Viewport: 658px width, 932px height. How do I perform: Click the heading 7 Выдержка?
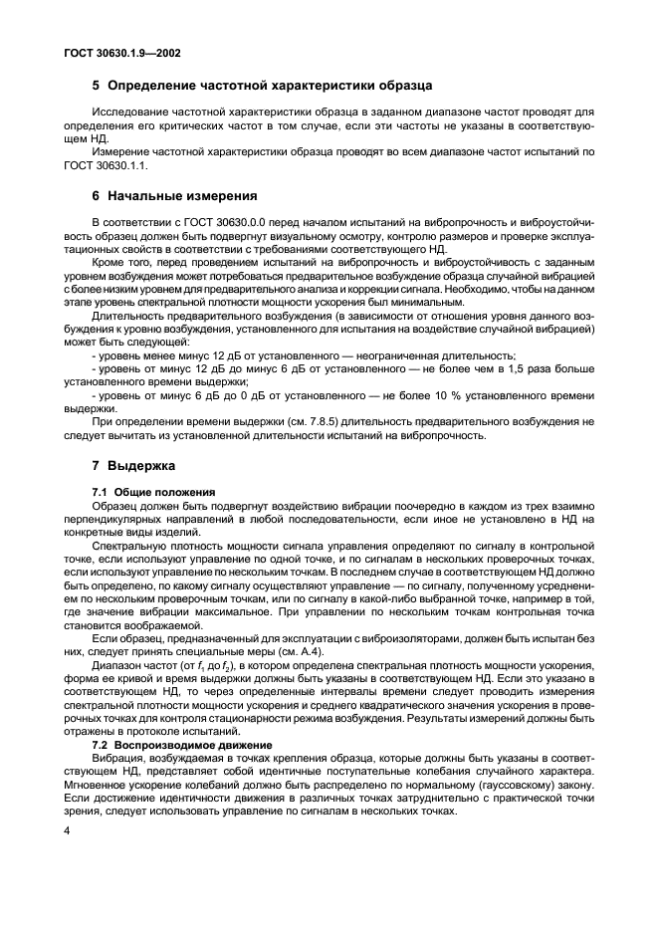(133, 465)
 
